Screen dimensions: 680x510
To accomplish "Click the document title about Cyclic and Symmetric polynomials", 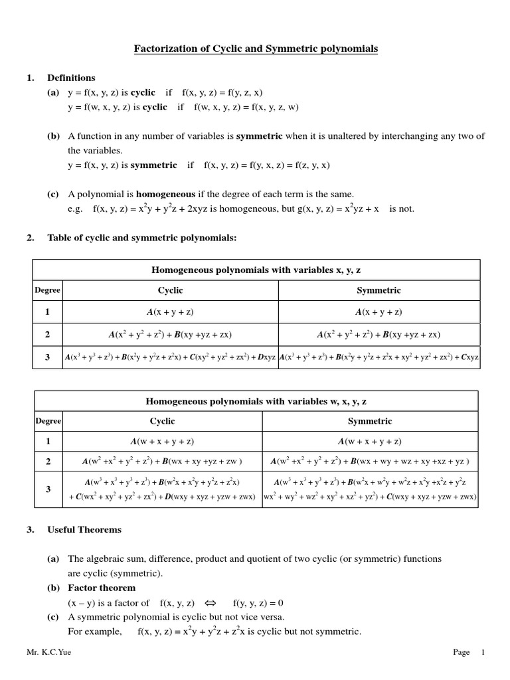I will [256, 48].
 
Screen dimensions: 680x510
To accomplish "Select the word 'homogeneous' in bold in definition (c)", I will [165, 194].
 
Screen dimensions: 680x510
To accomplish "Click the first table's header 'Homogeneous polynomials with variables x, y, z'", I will [256, 270].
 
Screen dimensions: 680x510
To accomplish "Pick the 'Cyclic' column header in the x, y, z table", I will [170, 290].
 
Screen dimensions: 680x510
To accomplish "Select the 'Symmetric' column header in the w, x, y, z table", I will [370, 421].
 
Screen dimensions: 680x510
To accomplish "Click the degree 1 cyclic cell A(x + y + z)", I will [170, 311].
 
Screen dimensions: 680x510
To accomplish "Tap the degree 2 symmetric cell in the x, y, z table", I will [379, 334].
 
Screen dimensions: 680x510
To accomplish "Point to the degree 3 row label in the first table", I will [47, 357].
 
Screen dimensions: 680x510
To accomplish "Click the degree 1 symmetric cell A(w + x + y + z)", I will [370, 441].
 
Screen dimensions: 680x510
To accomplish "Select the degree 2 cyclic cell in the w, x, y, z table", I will [162, 461].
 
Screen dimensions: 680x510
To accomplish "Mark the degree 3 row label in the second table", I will [47, 489].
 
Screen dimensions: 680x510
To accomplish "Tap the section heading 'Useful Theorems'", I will [84, 530].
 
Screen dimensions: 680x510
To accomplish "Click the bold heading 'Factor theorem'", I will [101, 588].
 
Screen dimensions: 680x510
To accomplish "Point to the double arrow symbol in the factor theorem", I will [211, 603].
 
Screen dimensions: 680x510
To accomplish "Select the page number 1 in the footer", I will [483, 653].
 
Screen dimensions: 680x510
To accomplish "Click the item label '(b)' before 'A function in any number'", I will [53, 135].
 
